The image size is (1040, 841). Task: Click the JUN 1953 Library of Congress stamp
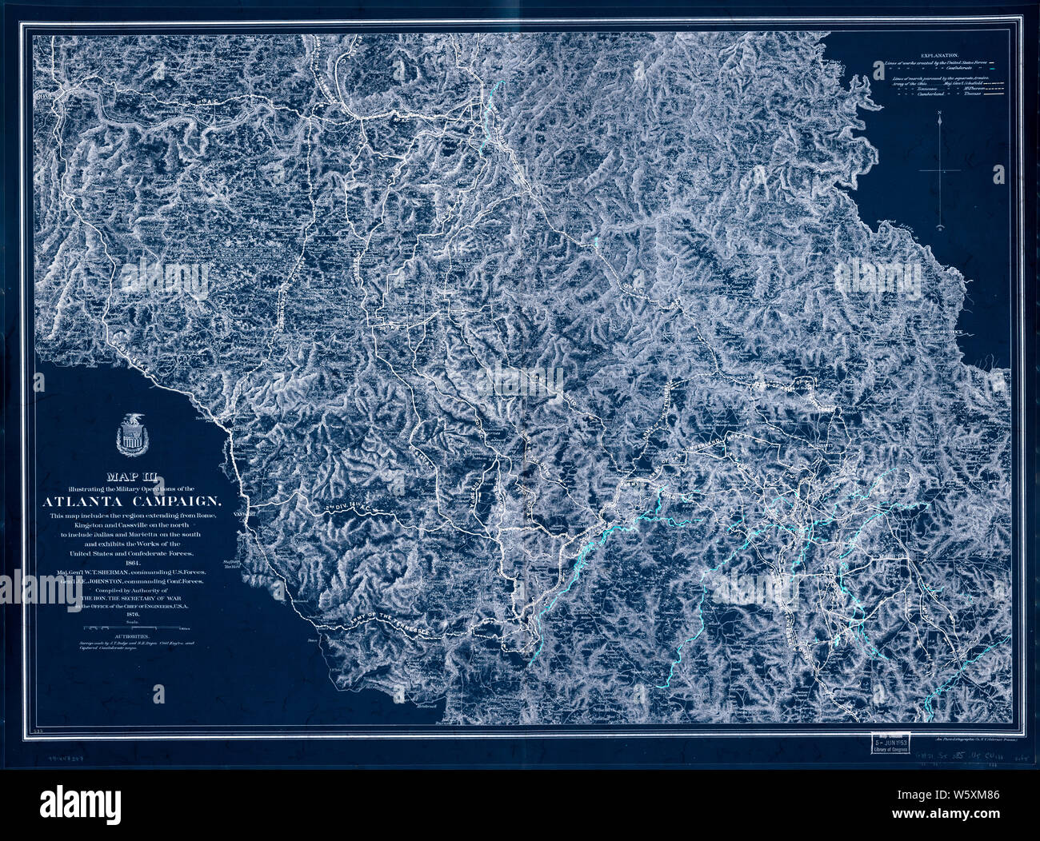click(x=890, y=747)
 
